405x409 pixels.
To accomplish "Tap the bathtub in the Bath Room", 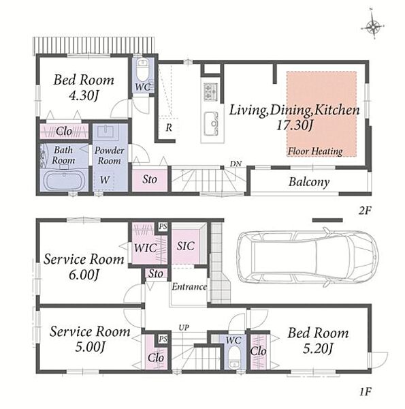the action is coord(64,181).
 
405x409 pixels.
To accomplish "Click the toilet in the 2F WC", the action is coord(142,69).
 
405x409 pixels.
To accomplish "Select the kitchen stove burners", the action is coord(210,91).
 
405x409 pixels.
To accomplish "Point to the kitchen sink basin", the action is coord(211,123).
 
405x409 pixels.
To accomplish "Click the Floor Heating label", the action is coord(315,151).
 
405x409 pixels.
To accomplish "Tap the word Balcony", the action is coord(309,182).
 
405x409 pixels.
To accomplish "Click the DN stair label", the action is coord(236,164).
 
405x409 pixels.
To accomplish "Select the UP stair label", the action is coord(184,328).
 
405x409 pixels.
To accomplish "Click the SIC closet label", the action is coord(185,246).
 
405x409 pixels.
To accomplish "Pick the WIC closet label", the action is coord(146,248).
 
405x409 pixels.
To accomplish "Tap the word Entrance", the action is coord(189,287).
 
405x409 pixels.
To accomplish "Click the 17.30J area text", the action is coord(294,125).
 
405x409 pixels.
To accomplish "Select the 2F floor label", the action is coord(365,211).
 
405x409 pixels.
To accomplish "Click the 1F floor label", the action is coord(365,391).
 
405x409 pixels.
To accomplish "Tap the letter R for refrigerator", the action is coord(169,128).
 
